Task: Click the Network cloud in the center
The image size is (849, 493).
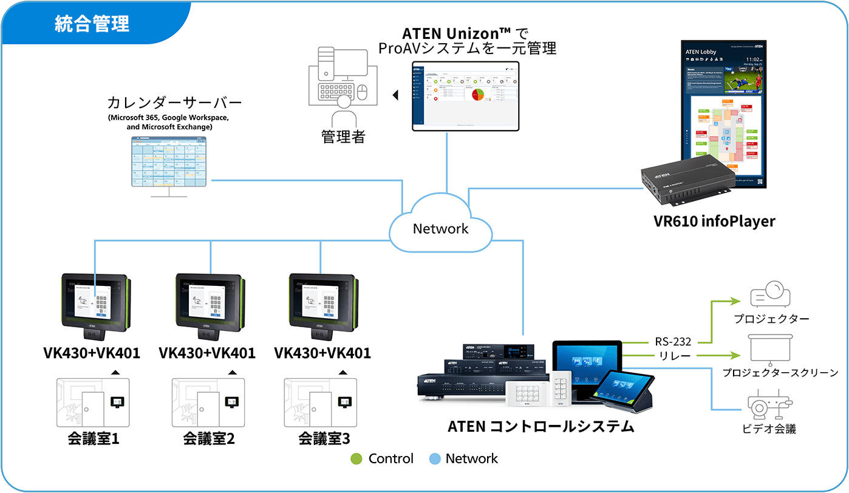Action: click(x=440, y=228)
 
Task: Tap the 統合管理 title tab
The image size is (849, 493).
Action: click(x=92, y=24)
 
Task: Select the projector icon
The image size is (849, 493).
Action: click(x=771, y=295)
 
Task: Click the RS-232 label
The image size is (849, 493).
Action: click(x=673, y=341)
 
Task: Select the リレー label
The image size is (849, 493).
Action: click(x=673, y=356)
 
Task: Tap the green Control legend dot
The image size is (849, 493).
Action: click(x=357, y=459)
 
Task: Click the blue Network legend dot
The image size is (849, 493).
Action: click(x=434, y=459)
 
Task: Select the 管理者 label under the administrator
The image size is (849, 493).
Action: click(x=343, y=137)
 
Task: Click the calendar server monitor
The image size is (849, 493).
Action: click(x=169, y=162)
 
